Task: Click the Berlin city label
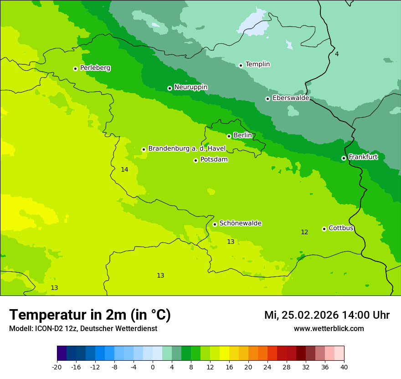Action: coord(242,136)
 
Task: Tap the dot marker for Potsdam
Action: coord(195,160)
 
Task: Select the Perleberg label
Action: coord(95,68)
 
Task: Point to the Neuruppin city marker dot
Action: coord(170,88)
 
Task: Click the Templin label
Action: coord(257,64)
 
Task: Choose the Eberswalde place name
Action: coord(291,98)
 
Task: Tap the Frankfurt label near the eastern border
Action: coord(363,157)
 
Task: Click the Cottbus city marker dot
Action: coord(324,229)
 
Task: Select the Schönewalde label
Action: coord(240,223)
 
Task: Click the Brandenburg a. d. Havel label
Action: coord(187,149)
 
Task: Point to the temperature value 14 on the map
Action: coord(124,170)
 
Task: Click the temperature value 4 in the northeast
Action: coord(337,54)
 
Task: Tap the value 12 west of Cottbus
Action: coord(304,232)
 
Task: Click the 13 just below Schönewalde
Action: coord(231,242)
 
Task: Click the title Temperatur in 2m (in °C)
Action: coord(90,315)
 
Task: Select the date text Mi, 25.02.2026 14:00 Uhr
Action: coord(327,315)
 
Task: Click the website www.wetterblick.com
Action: coord(329,329)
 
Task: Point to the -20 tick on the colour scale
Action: coord(57,367)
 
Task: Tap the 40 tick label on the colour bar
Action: coord(344,367)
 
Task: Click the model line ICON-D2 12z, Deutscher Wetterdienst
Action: coord(83,329)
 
